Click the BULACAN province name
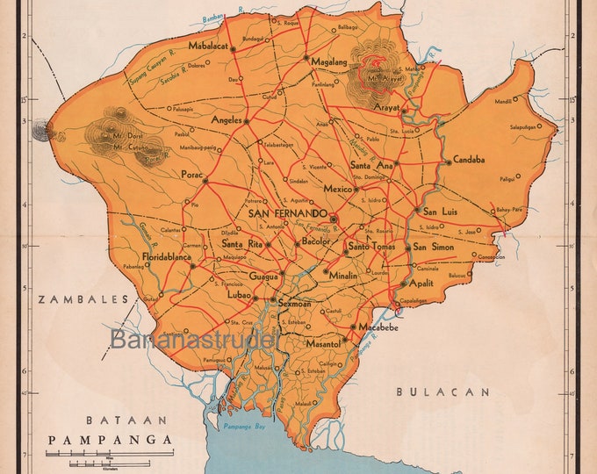click(442, 391)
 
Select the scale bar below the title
click(88, 455)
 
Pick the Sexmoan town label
click(295, 303)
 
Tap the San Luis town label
click(441, 211)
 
